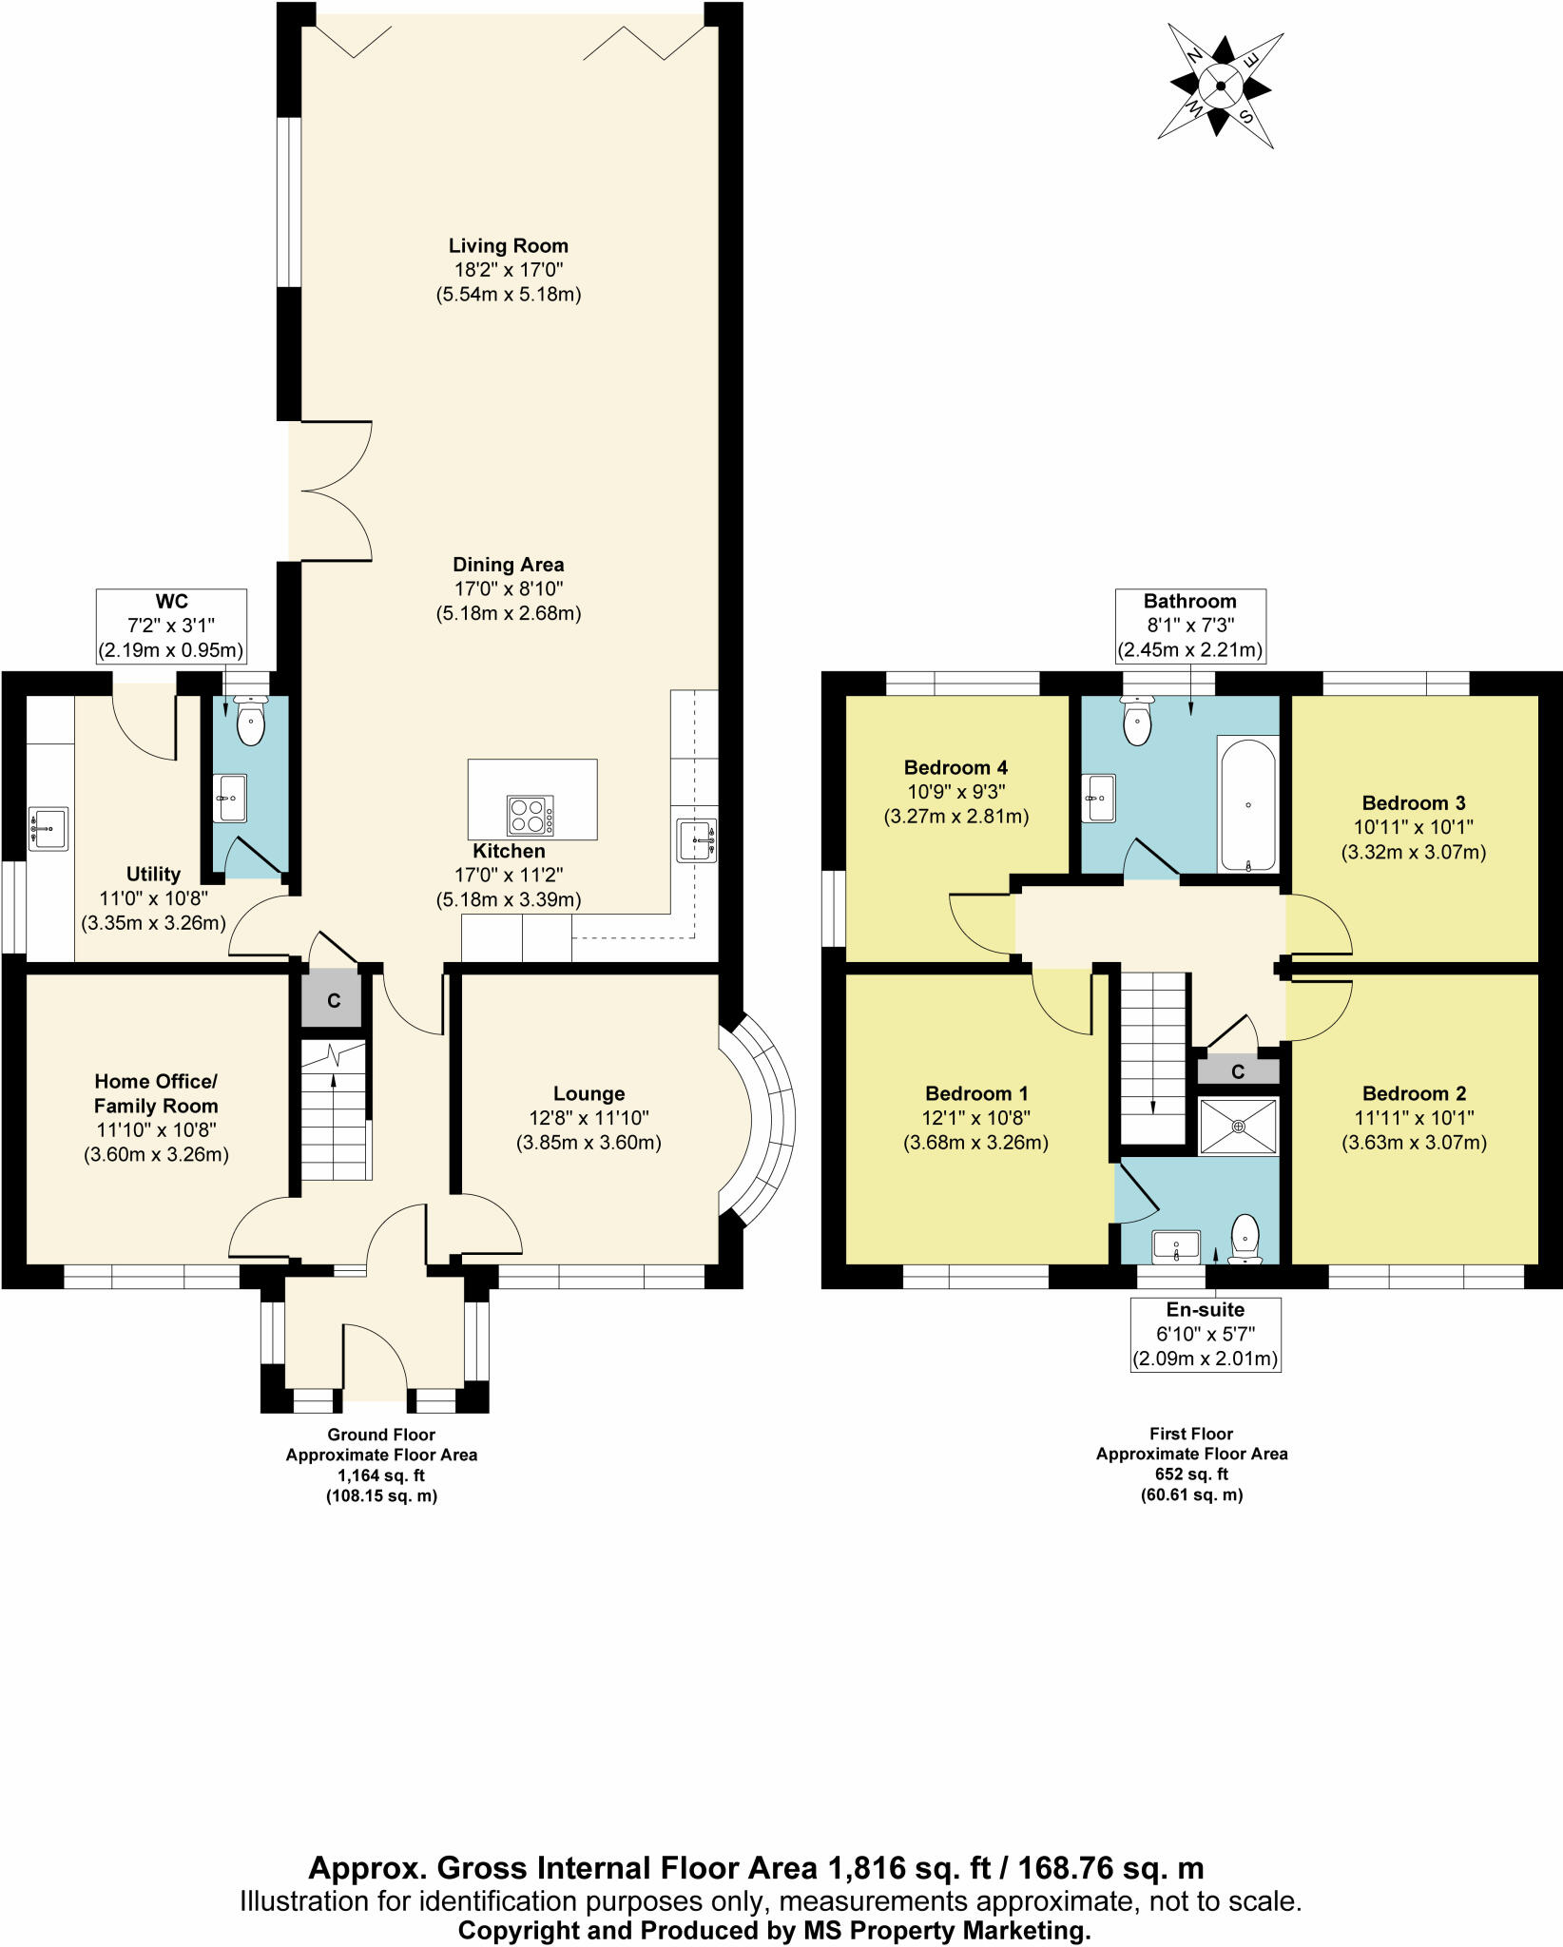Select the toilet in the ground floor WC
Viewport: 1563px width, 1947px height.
[x=250, y=723]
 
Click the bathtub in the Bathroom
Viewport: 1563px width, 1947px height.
[x=1247, y=803]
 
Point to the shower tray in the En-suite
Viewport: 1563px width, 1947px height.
[x=1238, y=1126]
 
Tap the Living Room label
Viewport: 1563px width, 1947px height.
[x=508, y=246]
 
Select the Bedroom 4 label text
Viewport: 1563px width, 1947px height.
[x=955, y=767]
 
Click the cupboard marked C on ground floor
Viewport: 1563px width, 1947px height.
[x=333, y=1000]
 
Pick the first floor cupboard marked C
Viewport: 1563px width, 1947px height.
[x=1238, y=1072]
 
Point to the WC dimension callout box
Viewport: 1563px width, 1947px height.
[x=172, y=627]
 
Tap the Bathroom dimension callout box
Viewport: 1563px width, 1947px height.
[x=1189, y=626]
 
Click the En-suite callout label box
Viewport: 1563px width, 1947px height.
[x=1205, y=1334]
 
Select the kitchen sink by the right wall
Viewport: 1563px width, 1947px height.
[x=697, y=839]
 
